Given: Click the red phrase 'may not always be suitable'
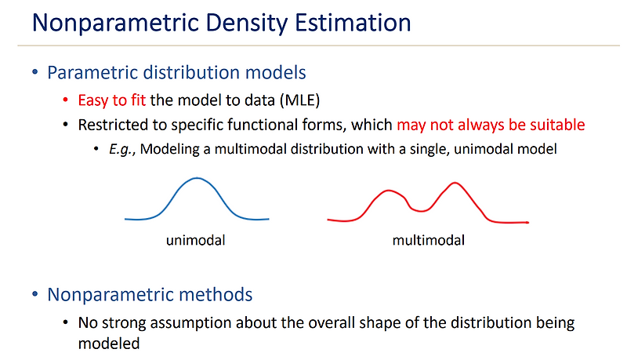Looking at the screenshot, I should pos(491,125).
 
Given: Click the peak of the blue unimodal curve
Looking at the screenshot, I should pos(197,180).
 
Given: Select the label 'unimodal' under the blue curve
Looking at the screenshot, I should pos(196,240).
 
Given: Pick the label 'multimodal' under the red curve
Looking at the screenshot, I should pos(428,240).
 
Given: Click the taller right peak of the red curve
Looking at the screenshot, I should pos(453,185).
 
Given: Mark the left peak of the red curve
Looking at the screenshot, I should pos(386,191).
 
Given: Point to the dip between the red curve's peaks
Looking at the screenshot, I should pos(422,209).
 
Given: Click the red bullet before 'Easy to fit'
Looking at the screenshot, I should pos(67,101).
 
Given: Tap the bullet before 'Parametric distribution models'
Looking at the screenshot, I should pos(35,73).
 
